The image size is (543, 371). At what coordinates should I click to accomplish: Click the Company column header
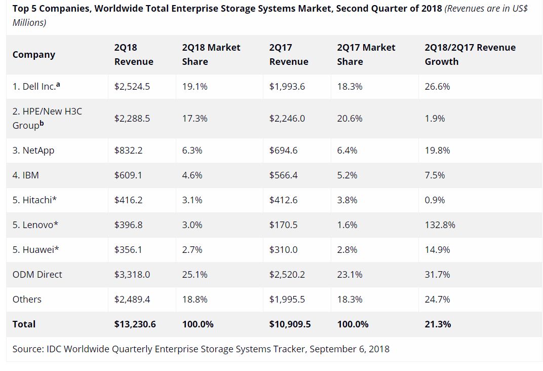click(34, 55)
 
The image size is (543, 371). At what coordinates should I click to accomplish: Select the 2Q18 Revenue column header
click(134, 54)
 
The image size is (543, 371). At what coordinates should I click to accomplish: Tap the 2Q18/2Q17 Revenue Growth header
click(470, 54)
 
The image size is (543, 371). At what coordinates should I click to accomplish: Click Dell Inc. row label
click(36, 87)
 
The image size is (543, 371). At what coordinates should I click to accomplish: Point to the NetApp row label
click(33, 151)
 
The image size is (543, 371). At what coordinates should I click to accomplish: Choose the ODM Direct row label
click(37, 275)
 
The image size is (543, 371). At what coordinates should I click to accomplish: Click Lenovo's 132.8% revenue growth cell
click(440, 225)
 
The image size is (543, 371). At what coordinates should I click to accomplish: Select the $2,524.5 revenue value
click(132, 87)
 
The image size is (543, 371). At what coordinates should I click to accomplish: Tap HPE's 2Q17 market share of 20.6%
click(350, 119)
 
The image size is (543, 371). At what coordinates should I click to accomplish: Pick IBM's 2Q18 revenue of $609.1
click(128, 175)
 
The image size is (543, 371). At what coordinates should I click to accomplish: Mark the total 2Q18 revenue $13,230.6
click(135, 324)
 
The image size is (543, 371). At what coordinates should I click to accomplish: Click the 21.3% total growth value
click(438, 324)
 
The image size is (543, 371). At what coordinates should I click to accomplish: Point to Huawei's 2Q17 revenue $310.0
click(284, 250)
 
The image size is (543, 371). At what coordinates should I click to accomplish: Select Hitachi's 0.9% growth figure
click(435, 200)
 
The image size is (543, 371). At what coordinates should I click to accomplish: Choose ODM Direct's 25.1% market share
click(195, 275)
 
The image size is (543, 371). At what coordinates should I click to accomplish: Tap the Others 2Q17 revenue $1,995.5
click(287, 300)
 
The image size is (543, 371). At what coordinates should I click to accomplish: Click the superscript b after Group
click(42, 123)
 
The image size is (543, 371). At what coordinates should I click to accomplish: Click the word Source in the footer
click(28, 349)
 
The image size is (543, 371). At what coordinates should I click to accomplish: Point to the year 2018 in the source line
click(379, 349)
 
